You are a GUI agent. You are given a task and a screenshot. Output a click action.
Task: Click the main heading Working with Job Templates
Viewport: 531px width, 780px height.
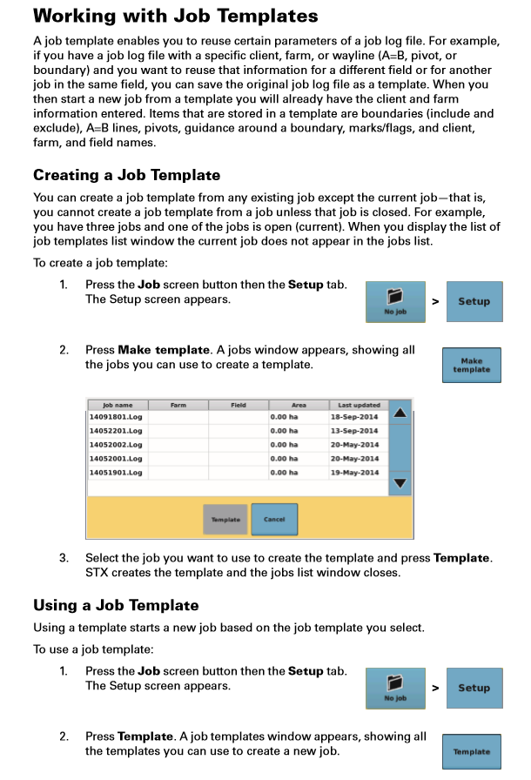[x=175, y=17]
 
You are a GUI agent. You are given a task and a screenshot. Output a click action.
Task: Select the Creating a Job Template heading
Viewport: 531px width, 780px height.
[x=126, y=175]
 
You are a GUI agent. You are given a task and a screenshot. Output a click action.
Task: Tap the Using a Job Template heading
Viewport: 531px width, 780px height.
[x=116, y=605]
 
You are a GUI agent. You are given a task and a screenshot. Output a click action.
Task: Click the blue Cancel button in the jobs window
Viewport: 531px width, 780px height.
[x=274, y=520]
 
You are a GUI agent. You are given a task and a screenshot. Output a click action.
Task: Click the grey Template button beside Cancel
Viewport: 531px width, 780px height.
[x=225, y=520]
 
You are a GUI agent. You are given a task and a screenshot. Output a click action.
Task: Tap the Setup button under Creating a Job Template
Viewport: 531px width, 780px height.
[x=474, y=302]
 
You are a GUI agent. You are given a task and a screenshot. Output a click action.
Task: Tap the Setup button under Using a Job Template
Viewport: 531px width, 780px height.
[x=474, y=688]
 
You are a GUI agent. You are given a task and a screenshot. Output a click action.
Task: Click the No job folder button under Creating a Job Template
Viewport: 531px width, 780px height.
[x=395, y=302]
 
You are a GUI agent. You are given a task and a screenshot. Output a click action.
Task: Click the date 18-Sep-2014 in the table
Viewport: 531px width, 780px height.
[x=354, y=417]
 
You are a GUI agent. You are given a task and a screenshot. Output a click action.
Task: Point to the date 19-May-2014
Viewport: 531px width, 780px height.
[x=354, y=473]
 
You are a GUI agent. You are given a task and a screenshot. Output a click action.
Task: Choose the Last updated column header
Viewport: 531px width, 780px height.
[x=354, y=405]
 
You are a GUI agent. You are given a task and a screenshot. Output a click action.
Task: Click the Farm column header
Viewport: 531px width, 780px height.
[x=178, y=405]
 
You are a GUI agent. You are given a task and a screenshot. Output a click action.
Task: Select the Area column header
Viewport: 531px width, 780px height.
[x=299, y=405]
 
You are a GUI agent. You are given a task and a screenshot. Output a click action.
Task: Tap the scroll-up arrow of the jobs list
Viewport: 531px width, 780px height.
[x=400, y=413]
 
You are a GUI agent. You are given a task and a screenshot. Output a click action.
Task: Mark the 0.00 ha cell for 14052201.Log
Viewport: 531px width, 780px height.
[x=284, y=431]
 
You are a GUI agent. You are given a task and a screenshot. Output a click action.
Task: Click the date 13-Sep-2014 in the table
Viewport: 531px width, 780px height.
[x=354, y=431]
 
